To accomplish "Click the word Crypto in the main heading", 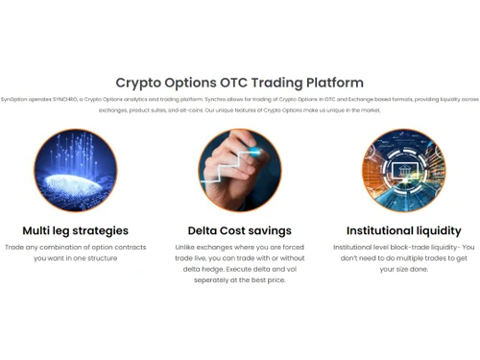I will pos(143,84).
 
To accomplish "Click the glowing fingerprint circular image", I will pos(75,170).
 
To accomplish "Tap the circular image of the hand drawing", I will pos(239,170).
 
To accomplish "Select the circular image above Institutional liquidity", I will pos(403,170).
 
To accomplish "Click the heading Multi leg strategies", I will pos(75,230).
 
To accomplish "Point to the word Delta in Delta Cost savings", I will pos(205,230).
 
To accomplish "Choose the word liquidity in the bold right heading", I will pos(439,230).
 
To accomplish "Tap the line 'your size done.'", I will pos(403,269).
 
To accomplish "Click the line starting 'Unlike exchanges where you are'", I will pos(239,247).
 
